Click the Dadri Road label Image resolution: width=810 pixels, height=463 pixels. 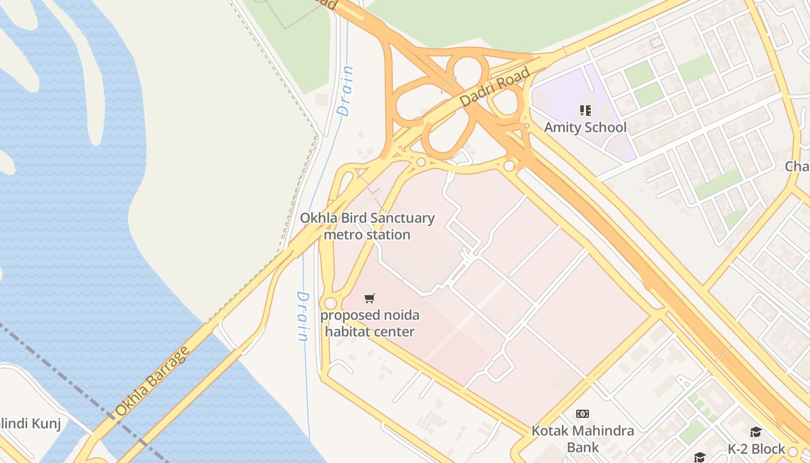pyautogui.click(x=495, y=87)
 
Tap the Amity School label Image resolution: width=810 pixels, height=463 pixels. pyautogui.click(x=585, y=127)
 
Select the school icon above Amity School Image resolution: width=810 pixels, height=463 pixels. pyautogui.click(x=585, y=110)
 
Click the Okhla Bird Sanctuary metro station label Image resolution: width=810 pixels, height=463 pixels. pyautogui.click(x=367, y=226)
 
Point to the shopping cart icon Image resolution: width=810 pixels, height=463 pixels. pyautogui.click(x=370, y=299)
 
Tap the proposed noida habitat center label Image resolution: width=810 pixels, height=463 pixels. pyautogui.click(x=370, y=324)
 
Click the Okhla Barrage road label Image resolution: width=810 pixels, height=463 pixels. pyautogui.click(x=152, y=381)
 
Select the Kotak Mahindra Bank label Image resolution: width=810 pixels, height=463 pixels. pyautogui.click(x=583, y=439)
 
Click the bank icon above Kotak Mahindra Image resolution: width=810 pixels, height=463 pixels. pyautogui.click(x=583, y=414)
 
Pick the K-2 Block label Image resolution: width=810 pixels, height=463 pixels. pyautogui.click(x=756, y=449)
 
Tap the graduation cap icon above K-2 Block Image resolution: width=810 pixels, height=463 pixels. pyautogui.click(x=756, y=432)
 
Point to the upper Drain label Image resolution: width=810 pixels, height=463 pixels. pyautogui.click(x=346, y=91)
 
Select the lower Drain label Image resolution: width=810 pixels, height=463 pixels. pyautogui.click(x=303, y=316)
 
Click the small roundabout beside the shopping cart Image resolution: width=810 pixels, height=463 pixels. pyautogui.click(x=330, y=303)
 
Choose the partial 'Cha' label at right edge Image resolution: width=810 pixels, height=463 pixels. pyautogui.click(x=797, y=167)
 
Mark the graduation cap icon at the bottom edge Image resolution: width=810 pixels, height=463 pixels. pyautogui.click(x=699, y=457)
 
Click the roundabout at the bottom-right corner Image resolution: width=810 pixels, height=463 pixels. pyautogui.click(x=793, y=451)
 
